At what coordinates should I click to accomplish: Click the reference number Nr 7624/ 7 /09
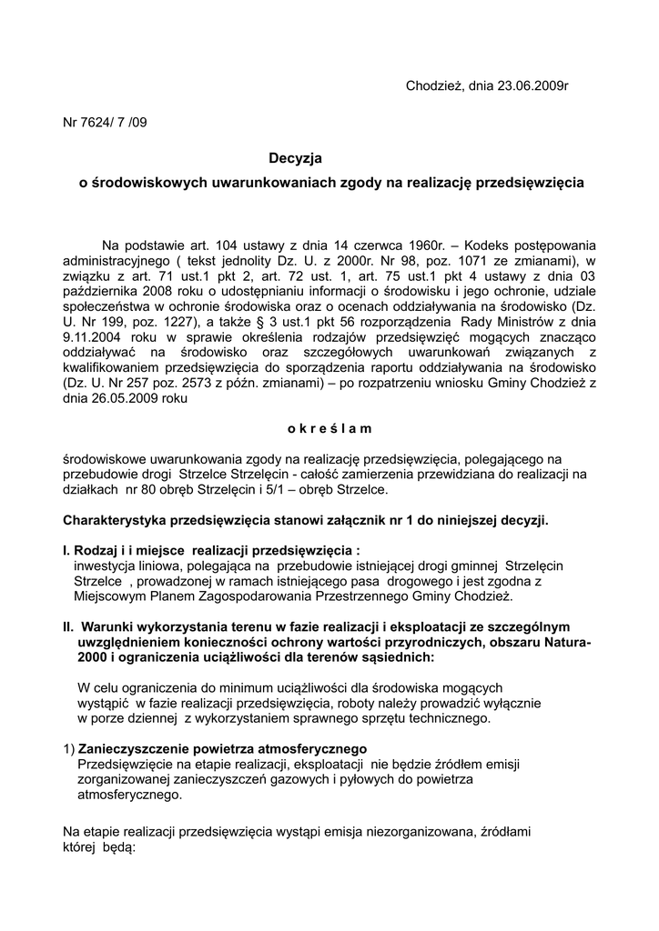click(x=104, y=123)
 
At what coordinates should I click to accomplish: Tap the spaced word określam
click(x=329, y=428)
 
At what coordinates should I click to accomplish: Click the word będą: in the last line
click(x=118, y=847)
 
